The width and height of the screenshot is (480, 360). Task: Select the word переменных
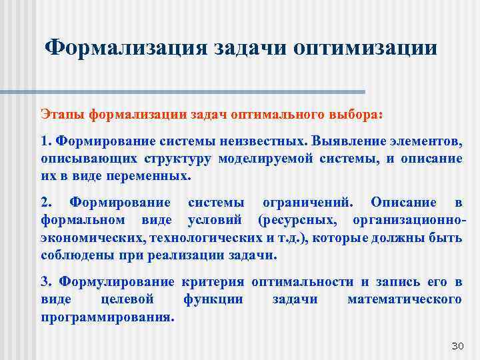151,177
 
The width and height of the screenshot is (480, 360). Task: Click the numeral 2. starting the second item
47,203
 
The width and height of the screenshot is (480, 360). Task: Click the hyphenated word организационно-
410,220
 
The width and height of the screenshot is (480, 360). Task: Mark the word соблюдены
74,255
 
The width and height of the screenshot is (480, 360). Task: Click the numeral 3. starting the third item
47,282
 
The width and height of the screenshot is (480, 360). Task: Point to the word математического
404,299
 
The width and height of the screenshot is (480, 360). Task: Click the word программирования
107,317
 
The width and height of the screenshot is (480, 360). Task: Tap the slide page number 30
457,345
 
